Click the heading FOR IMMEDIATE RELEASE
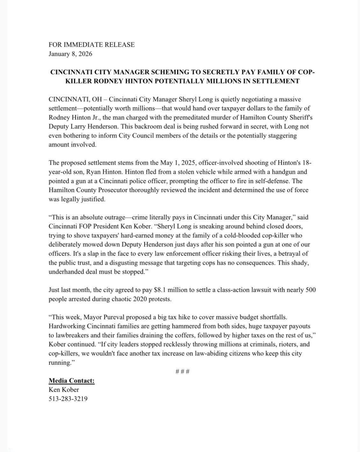(x=91, y=45)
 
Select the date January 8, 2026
(x=70, y=54)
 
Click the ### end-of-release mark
(x=182, y=371)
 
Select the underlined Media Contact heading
(x=71, y=381)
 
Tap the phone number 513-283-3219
(x=68, y=399)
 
